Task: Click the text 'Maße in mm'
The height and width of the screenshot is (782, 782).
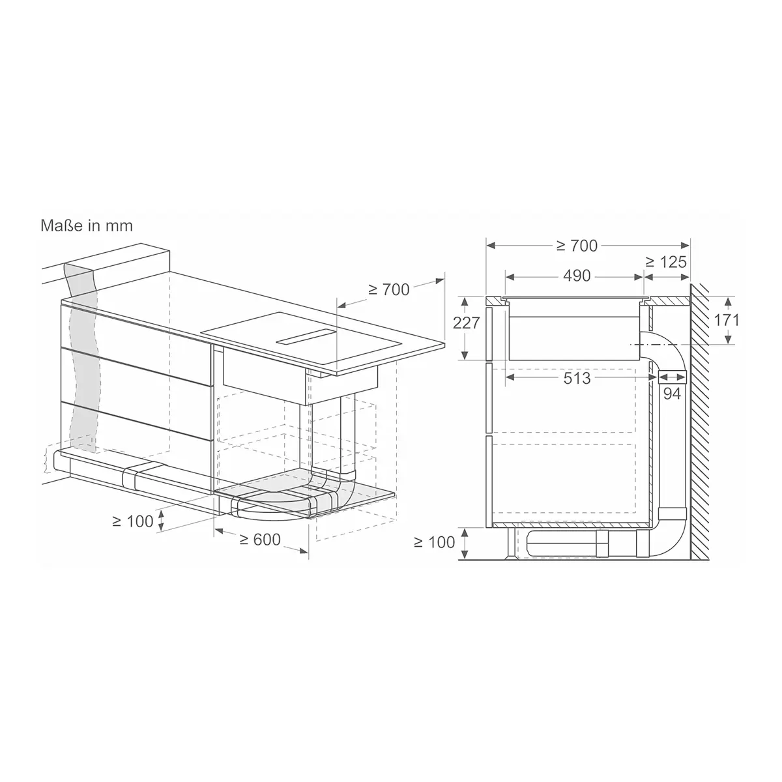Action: tap(87, 225)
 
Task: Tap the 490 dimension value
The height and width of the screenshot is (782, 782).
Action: tap(577, 276)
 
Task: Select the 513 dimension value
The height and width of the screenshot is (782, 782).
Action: tap(577, 378)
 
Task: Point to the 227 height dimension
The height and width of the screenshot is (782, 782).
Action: tap(467, 323)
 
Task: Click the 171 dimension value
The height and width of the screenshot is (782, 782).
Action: tap(727, 321)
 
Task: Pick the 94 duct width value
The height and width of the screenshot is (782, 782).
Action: tap(672, 393)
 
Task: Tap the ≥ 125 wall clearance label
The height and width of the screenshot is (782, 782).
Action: tap(666, 262)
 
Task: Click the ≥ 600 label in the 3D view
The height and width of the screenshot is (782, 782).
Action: tap(260, 540)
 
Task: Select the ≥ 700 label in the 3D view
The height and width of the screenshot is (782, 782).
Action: tap(389, 290)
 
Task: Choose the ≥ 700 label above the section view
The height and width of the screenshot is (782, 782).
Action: tap(577, 246)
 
